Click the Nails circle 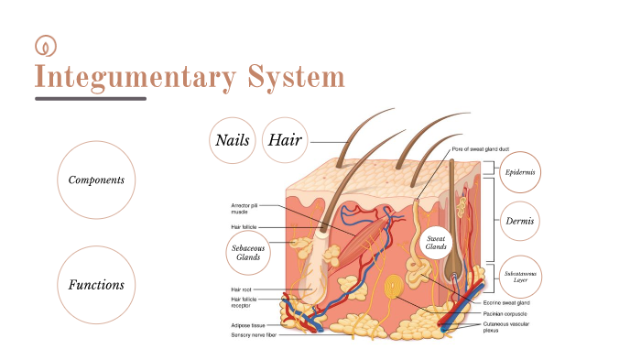233,140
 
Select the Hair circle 285,140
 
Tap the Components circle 96,180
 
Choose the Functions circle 96,284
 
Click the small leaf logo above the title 43,45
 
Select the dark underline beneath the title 90,98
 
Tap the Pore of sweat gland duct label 484,148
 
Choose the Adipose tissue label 249,325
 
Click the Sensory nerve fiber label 254,335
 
